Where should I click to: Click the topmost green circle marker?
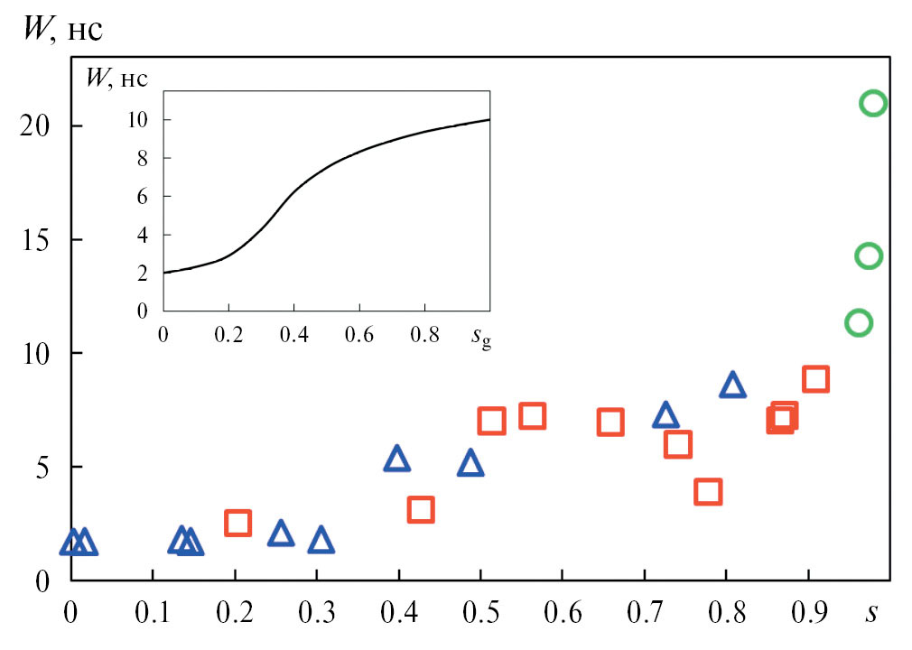(873, 103)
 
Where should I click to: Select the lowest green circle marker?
(859, 322)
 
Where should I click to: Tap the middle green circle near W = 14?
(869, 256)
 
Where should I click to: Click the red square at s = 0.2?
(237, 523)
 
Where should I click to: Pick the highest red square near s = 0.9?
(815, 379)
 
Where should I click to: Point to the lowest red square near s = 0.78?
(708, 492)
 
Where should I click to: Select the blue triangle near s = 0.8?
(732, 385)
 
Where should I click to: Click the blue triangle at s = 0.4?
(396, 460)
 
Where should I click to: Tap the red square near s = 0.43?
(421, 510)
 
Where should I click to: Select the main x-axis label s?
(870, 614)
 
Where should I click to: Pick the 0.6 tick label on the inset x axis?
(358, 334)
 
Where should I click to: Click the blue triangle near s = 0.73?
(665, 415)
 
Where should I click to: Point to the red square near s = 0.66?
(610, 422)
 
